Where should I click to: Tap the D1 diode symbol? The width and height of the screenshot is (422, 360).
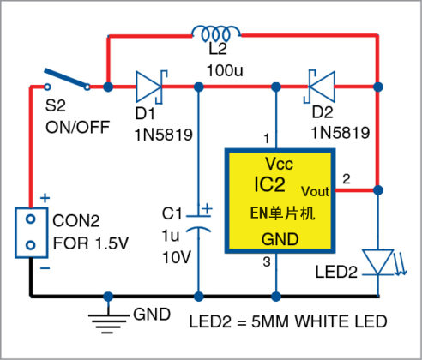150,87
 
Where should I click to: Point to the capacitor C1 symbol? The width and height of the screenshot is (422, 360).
199,218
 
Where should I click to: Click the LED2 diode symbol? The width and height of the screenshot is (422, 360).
377,260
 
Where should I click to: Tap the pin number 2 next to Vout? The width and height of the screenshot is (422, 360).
347,178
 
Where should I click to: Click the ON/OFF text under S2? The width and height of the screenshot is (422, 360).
76,128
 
